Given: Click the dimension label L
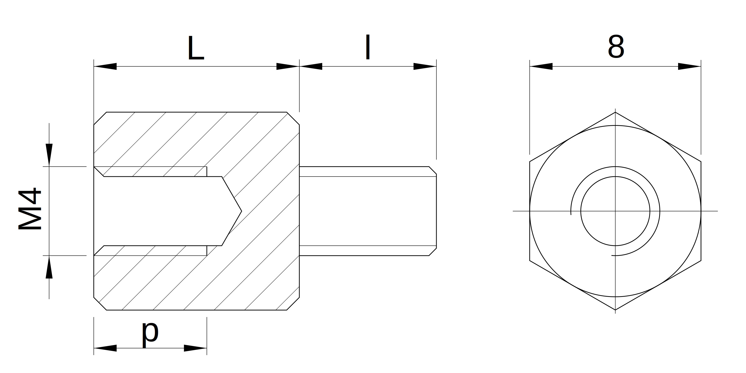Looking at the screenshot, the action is [196, 48].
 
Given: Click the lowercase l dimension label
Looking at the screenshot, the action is [368, 47].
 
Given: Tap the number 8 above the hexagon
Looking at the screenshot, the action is [616, 47].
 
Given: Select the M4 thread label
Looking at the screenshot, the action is [30, 209].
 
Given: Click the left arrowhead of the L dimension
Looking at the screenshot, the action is [105, 66].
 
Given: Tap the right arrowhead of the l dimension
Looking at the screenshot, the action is [425, 66].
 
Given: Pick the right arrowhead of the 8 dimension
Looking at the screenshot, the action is [690, 66].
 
